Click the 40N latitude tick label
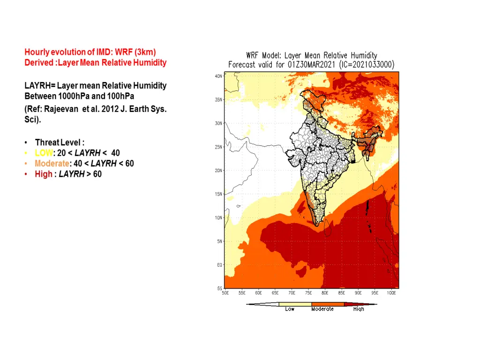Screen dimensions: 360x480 219,76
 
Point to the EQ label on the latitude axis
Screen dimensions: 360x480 219,265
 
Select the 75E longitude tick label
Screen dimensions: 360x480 308,293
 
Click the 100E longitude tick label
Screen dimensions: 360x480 391,293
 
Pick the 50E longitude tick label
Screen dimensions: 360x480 225,293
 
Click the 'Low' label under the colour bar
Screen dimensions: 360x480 290,309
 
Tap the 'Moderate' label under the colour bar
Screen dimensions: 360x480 322,309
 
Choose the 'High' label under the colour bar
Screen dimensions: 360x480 359,309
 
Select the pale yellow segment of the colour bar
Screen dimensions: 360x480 295,304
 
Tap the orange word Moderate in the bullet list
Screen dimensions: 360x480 51,164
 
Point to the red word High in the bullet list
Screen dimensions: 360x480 43,174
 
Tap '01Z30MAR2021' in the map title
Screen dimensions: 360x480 307,65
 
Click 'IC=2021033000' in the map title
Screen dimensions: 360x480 367,65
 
